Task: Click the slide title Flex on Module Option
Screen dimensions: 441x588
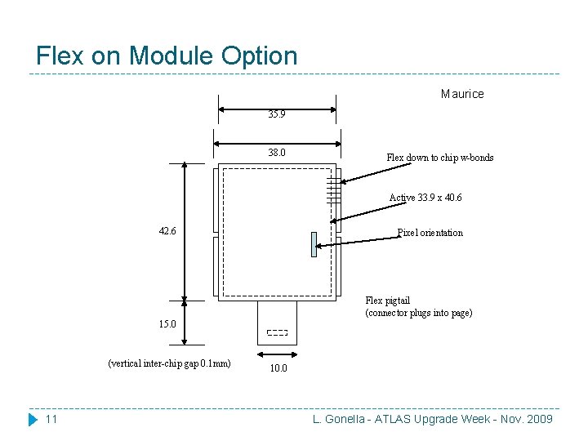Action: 167,56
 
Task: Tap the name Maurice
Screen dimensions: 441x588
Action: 462,94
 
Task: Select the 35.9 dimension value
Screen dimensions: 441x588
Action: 277,115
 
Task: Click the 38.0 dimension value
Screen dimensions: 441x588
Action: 277,153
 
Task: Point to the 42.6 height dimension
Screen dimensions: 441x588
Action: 168,231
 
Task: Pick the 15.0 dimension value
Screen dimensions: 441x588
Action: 168,324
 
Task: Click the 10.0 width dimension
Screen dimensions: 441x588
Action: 278,368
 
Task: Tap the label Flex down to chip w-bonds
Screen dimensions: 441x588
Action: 439,158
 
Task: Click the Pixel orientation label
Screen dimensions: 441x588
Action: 430,233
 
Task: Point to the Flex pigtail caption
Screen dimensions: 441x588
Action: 418,306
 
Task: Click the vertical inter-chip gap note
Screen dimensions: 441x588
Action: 169,363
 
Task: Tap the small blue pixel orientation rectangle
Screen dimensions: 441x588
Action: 314,244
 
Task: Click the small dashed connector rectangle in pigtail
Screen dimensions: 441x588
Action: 278,332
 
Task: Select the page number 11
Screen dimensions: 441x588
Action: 51,419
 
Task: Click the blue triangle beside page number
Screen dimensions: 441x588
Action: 33,419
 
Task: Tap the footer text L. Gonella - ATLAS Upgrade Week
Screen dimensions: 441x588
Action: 433,419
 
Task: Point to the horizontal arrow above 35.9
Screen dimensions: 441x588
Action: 278,107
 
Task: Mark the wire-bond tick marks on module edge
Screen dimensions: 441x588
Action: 333,190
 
